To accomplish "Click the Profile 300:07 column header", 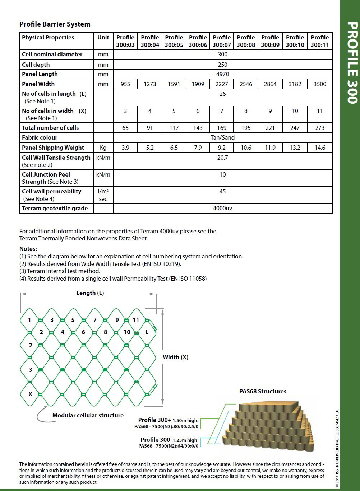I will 222,41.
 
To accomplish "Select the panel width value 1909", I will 198,84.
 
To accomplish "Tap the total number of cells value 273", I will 320,128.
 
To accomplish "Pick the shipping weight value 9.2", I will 222,148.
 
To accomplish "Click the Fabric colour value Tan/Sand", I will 222,137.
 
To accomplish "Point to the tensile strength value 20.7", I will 222,158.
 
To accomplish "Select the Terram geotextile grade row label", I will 55,208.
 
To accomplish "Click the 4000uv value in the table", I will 222,208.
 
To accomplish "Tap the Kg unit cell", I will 103,148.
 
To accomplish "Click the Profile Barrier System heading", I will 55,24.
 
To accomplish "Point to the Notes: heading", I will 28,249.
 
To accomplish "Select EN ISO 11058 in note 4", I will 187,279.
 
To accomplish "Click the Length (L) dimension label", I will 90,293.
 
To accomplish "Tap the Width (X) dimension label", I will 175,357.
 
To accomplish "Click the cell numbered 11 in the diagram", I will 136,320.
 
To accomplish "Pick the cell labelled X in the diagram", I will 30,394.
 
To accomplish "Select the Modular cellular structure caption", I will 88,415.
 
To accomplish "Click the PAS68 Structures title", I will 263,391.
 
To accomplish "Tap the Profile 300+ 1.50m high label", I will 168,420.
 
